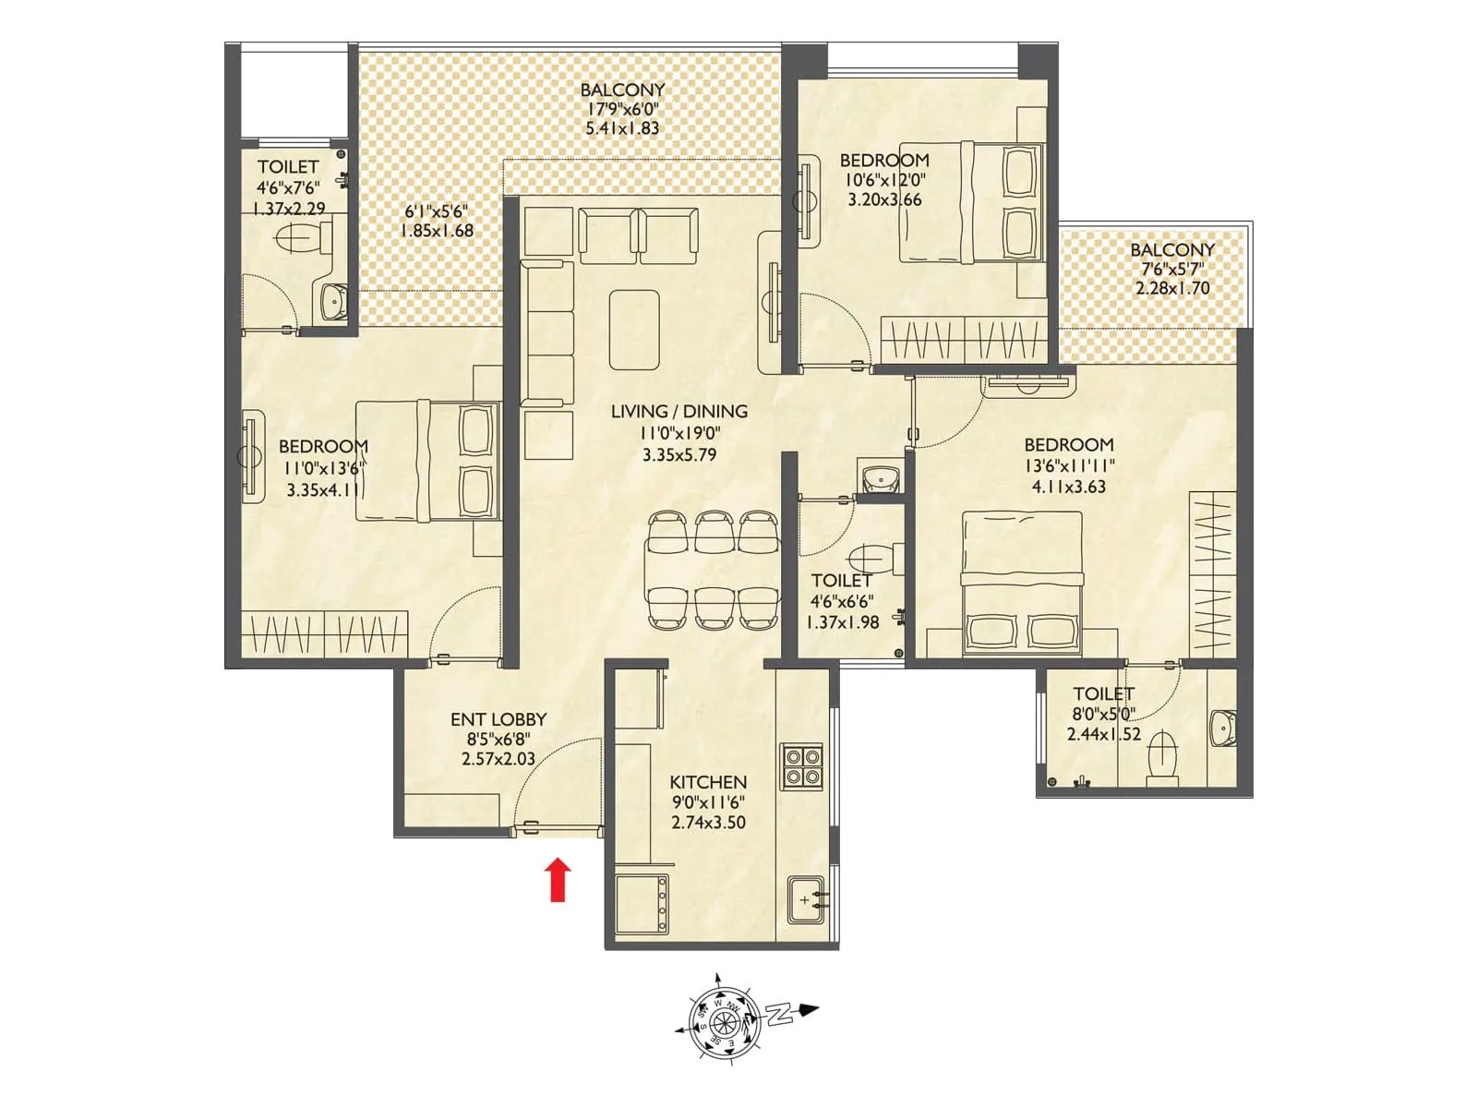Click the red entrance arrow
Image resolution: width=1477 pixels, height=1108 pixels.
pos(557,879)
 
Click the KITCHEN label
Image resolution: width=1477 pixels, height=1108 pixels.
pos(708,782)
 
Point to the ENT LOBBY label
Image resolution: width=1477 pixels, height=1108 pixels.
pos(498,719)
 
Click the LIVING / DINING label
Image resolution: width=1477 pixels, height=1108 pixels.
pos(679,412)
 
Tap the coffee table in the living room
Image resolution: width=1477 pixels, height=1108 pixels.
pos(634,330)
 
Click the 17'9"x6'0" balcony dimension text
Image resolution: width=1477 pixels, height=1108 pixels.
pos(623,109)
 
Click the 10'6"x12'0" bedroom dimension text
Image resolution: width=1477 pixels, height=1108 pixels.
pos(884,180)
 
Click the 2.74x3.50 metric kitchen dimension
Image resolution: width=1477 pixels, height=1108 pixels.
pos(708,823)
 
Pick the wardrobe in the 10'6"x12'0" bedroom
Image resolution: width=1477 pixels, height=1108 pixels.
pos(963,340)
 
